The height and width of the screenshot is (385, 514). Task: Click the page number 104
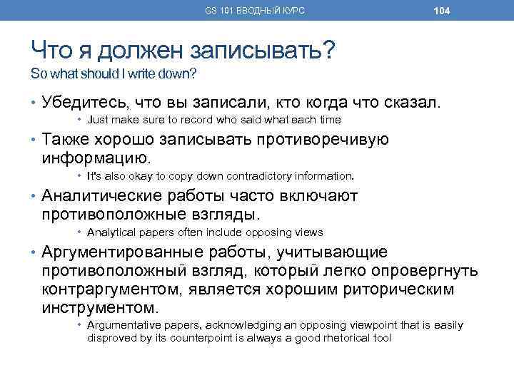[x=441, y=11]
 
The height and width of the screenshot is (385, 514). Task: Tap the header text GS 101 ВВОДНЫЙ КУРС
[x=255, y=11]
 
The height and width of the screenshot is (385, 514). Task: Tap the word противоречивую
[x=321, y=140]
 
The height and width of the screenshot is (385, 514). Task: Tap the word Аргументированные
[x=121, y=253]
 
